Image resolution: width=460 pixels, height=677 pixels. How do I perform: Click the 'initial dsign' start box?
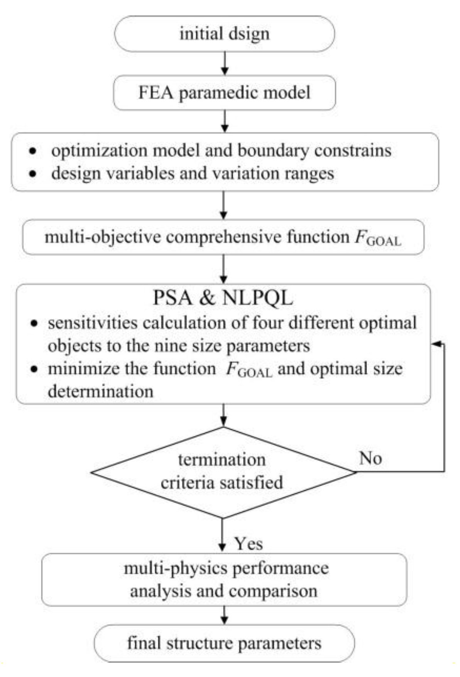tap(225, 34)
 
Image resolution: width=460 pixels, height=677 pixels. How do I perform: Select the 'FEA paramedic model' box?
tap(225, 93)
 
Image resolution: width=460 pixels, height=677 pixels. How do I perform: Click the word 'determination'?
tap(100, 392)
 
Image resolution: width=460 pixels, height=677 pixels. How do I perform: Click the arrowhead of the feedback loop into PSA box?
tap(435, 344)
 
